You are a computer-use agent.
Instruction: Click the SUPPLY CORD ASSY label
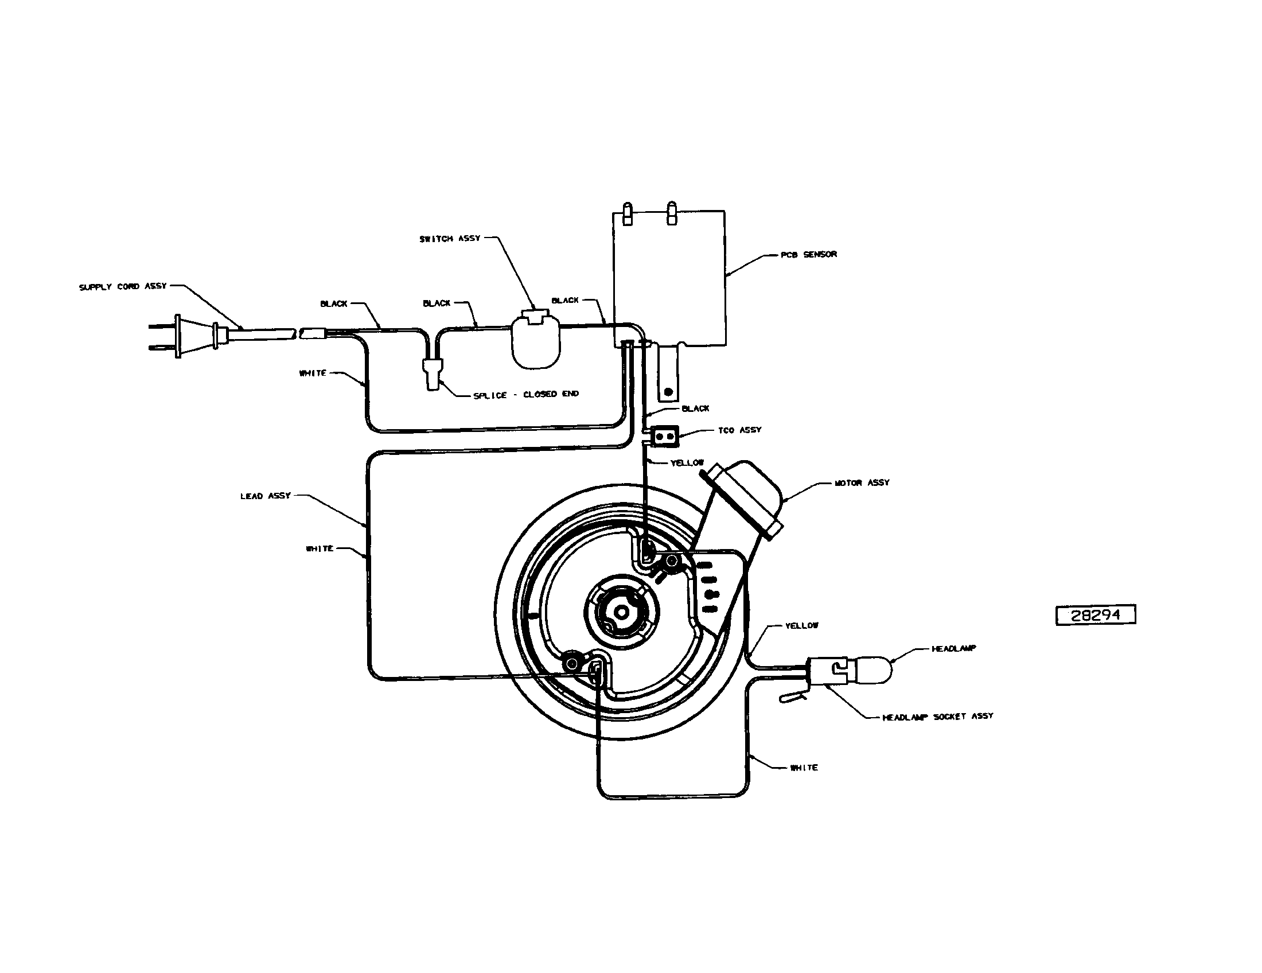(123, 287)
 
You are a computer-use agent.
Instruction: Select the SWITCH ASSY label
(450, 239)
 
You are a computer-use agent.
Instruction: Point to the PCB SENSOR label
(808, 255)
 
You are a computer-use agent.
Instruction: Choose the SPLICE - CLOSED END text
(526, 395)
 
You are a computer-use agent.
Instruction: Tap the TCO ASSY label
(739, 430)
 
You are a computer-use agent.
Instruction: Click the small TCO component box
(664, 436)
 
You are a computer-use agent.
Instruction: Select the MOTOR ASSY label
(862, 482)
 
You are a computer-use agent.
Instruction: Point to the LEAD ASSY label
(265, 496)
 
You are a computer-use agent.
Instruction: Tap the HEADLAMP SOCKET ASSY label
(938, 717)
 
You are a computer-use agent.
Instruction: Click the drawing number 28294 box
(1096, 615)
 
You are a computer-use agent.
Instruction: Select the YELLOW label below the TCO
(687, 463)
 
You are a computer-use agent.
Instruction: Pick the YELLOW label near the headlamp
(801, 626)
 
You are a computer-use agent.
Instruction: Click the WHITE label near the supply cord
(313, 373)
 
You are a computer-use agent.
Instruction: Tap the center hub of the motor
(621, 612)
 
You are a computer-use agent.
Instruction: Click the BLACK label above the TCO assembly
(695, 408)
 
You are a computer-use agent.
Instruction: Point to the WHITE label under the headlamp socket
(804, 767)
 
